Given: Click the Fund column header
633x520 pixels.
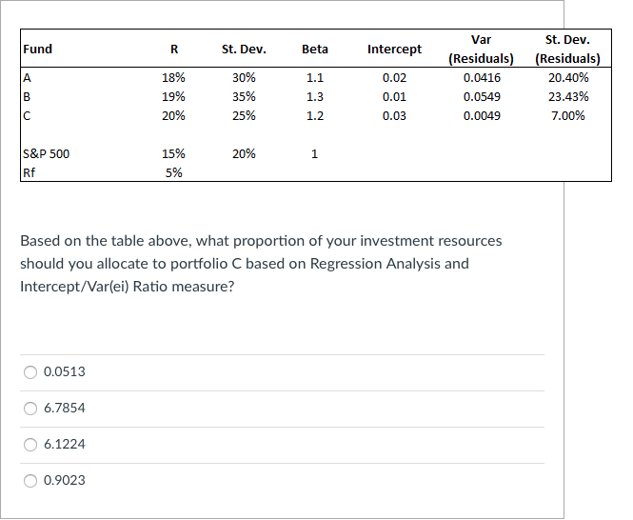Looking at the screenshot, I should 39,49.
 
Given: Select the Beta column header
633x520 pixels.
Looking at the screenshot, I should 314,49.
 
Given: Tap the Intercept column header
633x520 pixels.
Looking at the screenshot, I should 394,49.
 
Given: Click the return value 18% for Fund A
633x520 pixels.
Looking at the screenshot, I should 173,77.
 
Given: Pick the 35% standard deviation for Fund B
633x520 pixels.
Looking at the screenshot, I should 244,96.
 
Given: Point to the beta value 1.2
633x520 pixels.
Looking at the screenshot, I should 314,116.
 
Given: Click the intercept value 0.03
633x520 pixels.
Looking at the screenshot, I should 394,116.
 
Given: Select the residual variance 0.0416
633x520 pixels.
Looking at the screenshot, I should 482,77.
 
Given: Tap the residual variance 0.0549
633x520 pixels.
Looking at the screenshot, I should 482,96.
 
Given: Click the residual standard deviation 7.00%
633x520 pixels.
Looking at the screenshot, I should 567,116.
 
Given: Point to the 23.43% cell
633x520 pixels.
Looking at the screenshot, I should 568,96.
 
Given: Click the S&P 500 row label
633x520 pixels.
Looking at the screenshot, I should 47,153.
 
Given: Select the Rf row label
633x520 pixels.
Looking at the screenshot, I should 30,172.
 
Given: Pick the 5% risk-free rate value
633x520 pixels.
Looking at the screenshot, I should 173,172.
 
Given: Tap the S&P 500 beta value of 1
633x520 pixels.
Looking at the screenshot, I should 314,153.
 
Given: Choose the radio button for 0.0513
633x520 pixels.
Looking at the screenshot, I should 31,371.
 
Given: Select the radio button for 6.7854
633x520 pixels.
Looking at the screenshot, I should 31,408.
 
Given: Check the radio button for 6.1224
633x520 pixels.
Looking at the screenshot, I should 31,444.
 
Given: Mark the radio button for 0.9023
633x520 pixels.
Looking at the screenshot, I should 31,480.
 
